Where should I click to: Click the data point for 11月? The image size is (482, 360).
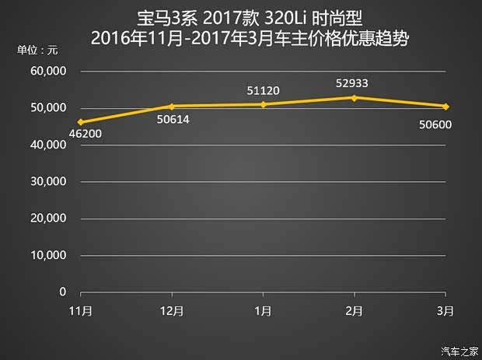tap(80, 122)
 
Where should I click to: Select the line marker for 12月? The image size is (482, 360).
tap(171, 106)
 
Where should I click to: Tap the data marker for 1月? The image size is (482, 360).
tap(263, 104)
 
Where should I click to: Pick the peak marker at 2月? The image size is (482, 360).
tap(354, 97)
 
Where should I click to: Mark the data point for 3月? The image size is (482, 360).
tap(445, 106)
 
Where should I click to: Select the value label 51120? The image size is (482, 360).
tap(264, 90)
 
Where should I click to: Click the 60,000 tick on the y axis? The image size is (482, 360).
tap(49, 72)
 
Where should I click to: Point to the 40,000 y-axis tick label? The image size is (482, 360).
tap(49, 145)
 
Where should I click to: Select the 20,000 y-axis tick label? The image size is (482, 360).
tap(49, 218)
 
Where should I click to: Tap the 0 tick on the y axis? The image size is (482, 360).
tap(62, 292)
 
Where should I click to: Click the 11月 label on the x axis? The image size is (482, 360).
tap(80, 310)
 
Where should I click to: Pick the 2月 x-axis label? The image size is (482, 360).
tap(354, 310)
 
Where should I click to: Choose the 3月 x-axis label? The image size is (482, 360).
tap(445, 310)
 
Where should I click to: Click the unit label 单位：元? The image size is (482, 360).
tap(37, 51)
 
